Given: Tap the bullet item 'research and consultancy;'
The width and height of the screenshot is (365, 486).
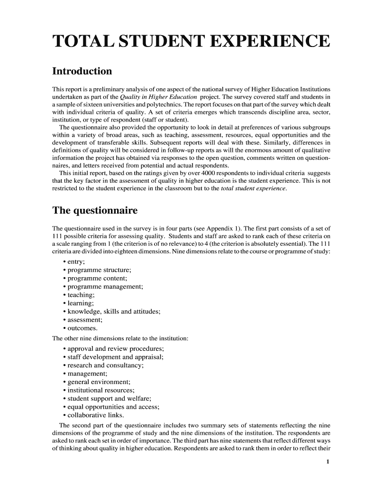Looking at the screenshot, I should (x=105, y=365).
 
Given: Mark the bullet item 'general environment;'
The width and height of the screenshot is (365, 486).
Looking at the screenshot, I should (x=99, y=382).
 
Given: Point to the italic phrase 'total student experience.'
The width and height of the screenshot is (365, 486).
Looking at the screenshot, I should (x=254, y=188).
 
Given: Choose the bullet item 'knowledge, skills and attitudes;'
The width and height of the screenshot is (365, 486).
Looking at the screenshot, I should (x=114, y=311).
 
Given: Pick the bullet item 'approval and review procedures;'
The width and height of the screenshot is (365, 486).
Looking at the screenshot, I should (x=112, y=349).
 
